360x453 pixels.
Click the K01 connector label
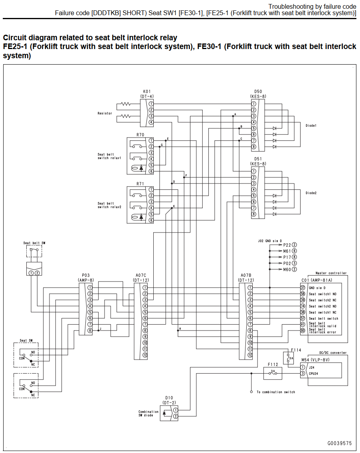coord(147,91)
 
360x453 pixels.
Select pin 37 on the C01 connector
coord(303,288)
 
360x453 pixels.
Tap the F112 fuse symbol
coord(273,373)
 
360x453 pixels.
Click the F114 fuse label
coord(296,350)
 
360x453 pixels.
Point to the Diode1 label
coord(311,126)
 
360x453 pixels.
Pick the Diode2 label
coord(311,193)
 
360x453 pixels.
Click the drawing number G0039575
coord(340,443)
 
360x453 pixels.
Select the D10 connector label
coord(169,398)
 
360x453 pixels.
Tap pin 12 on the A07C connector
coord(145,355)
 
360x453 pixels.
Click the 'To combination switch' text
coord(276,392)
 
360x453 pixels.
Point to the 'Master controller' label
coord(331,273)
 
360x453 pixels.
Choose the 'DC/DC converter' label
coord(333,353)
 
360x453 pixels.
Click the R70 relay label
coord(140,135)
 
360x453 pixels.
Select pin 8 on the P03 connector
coord(90,331)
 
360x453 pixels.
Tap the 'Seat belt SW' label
coord(34,243)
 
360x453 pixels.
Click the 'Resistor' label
coord(105,113)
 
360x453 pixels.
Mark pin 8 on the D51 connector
coord(253,214)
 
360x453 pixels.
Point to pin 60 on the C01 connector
coord(303,331)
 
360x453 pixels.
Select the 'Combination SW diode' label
coord(148,414)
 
